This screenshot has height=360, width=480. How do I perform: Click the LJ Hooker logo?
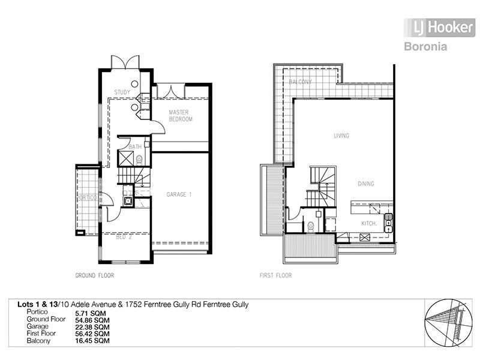click(x=439, y=28)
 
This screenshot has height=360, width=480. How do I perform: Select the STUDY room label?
click(x=122, y=92)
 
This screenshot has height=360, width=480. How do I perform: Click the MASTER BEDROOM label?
click(x=180, y=116)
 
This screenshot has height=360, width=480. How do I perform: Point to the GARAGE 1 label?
click(x=179, y=194)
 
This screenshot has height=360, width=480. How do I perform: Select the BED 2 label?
click(x=123, y=236)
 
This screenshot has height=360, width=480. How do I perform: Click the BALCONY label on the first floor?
click(x=299, y=82)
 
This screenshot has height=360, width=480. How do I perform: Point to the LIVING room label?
click(x=341, y=136)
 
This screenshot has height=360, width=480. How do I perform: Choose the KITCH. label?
click(x=368, y=223)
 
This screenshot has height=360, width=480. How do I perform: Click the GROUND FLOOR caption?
click(x=94, y=276)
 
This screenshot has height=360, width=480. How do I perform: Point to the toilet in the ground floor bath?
click(x=140, y=160)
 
